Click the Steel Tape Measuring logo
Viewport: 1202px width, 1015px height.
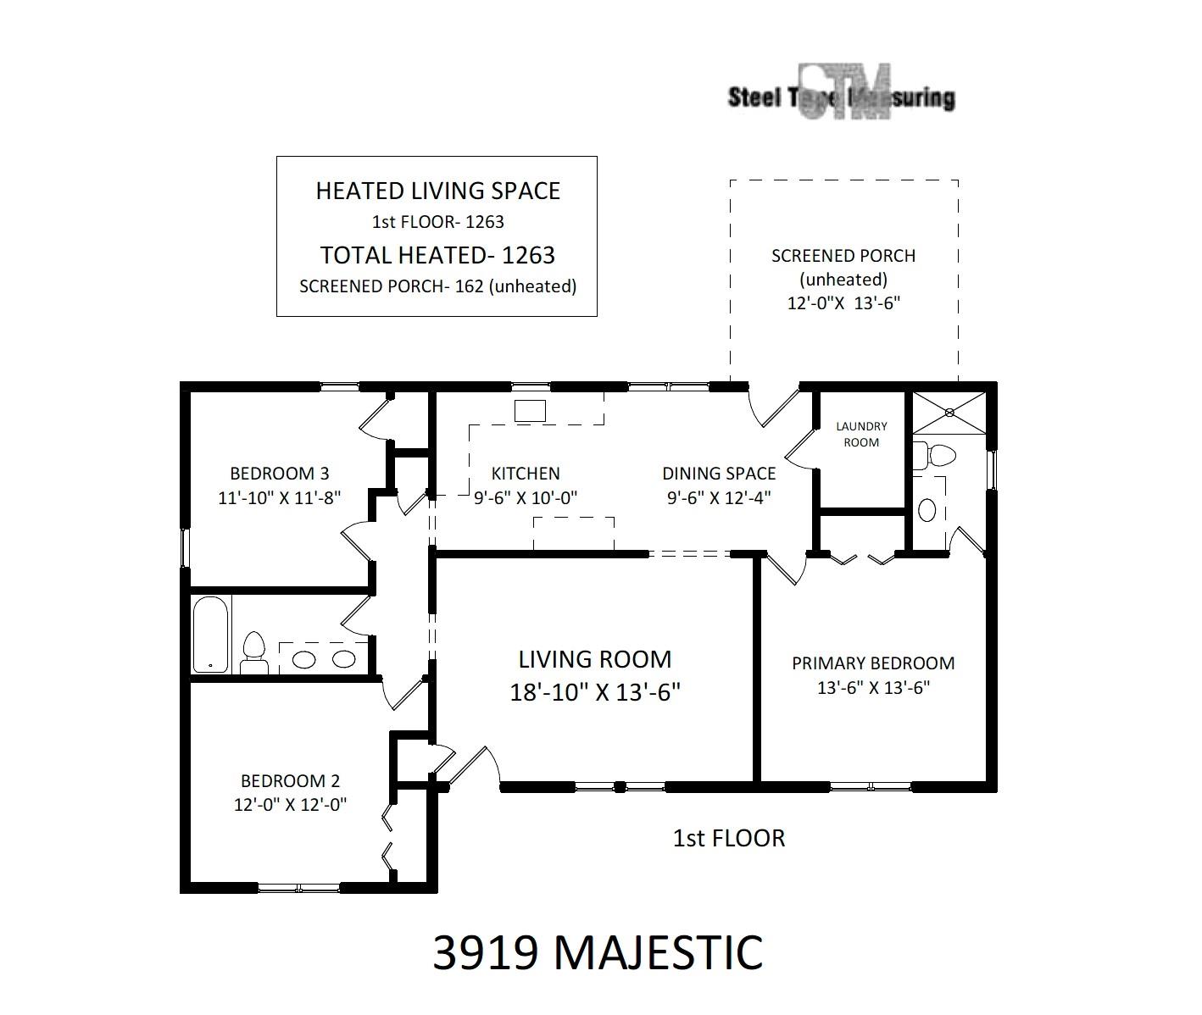[x=843, y=94]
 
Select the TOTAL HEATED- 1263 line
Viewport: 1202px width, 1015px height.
[x=437, y=255]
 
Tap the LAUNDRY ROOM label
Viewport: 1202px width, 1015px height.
[x=861, y=435]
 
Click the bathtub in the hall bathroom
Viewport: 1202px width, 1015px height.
[x=210, y=635]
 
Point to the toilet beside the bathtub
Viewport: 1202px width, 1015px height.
[x=253, y=652]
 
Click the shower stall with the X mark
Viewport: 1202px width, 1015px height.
[x=949, y=413]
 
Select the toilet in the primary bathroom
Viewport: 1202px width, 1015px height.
[x=937, y=456]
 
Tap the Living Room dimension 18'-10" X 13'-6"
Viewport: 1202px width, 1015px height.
[x=595, y=692]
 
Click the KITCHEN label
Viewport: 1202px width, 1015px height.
[x=526, y=474]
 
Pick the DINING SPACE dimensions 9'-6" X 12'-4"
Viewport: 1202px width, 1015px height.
[x=718, y=498]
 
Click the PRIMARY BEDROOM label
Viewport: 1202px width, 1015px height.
[x=873, y=663]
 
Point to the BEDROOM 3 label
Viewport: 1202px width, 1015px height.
[x=280, y=474]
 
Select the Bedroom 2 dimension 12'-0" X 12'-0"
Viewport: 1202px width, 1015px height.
[x=291, y=804]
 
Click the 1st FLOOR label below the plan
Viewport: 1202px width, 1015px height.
[x=729, y=839]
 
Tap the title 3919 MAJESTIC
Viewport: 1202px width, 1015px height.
[x=598, y=952]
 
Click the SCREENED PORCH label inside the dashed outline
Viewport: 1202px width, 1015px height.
[x=843, y=256]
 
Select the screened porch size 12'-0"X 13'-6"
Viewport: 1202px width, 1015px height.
[x=843, y=303]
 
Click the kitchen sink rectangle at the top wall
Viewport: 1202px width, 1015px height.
[x=531, y=411]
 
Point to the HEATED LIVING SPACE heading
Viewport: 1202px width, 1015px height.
[x=437, y=191]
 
